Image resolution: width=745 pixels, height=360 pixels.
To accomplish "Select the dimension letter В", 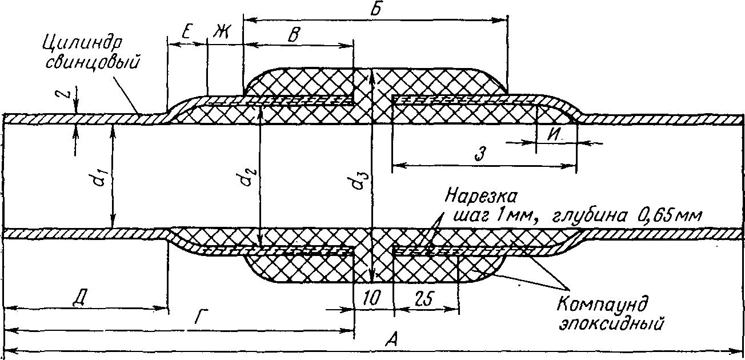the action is [x=293, y=35].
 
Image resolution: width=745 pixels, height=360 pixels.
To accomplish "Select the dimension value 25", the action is [x=424, y=298].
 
